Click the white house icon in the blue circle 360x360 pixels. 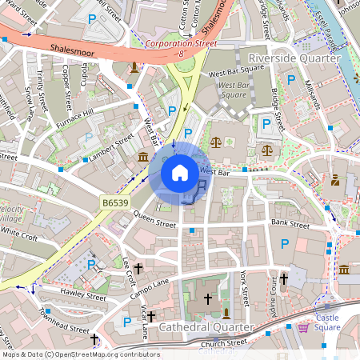[x=180, y=172]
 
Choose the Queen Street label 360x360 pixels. [x=154, y=216]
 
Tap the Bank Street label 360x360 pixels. [x=290, y=223]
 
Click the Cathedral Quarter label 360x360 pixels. [x=206, y=327]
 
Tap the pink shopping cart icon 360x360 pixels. [x=304, y=326]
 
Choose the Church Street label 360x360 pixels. [x=225, y=342]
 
